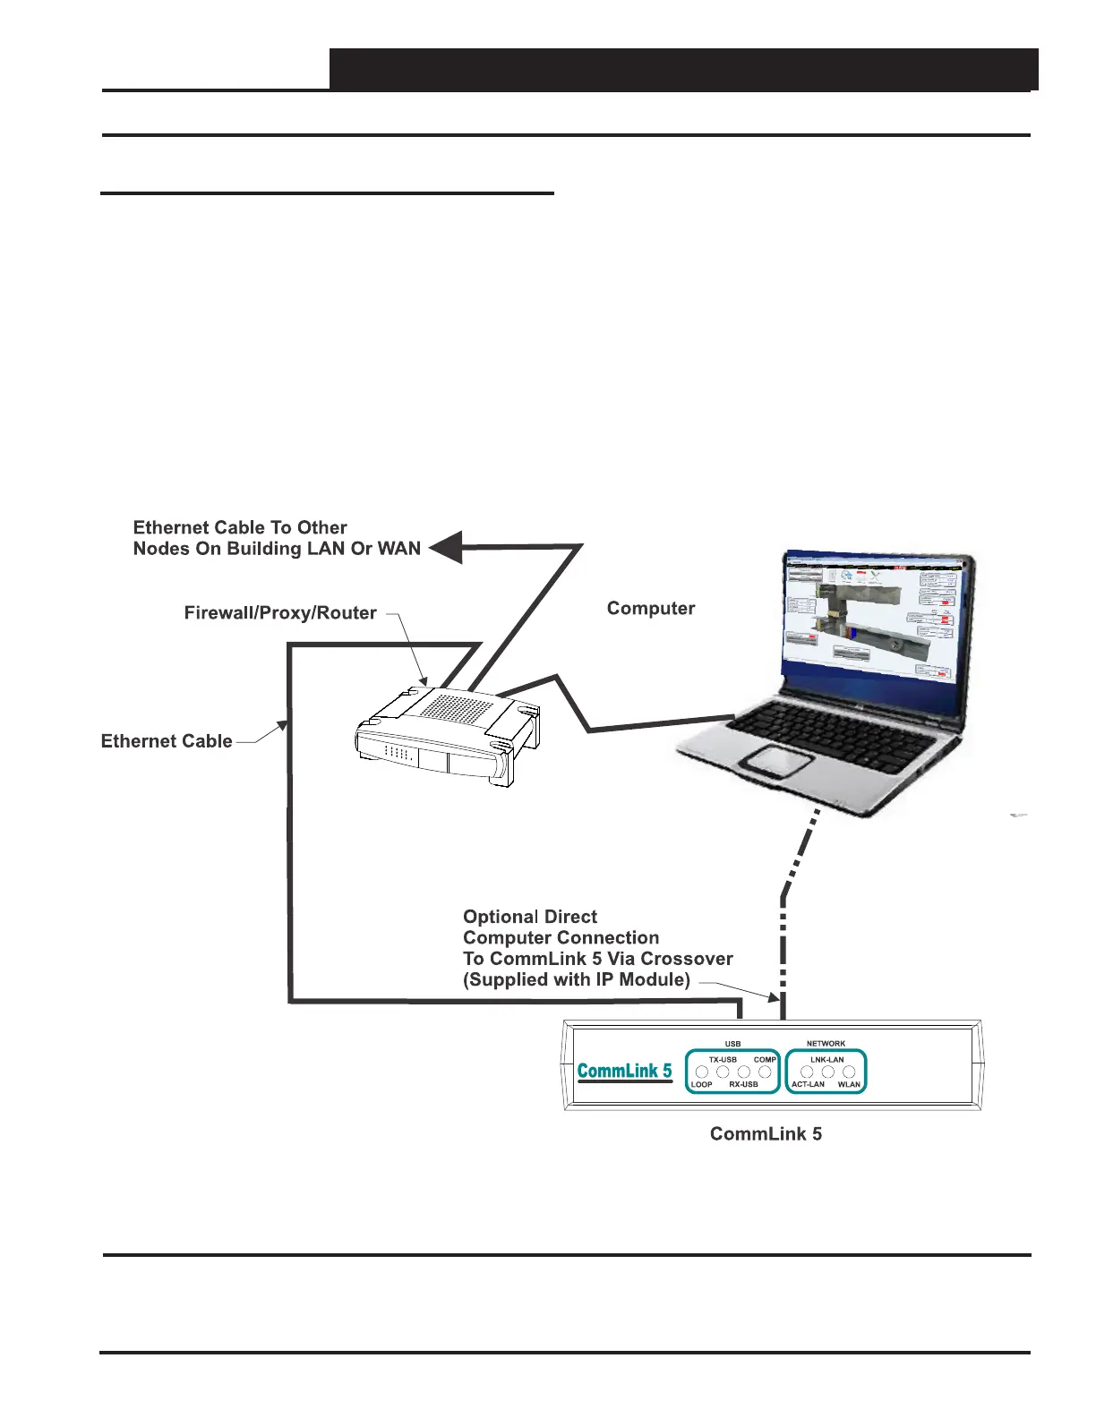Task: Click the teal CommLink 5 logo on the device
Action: [x=624, y=1071]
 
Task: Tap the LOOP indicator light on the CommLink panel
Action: [x=702, y=1072]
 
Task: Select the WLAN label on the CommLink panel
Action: [x=849, y=1084]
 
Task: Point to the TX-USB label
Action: [x=723, y=1059]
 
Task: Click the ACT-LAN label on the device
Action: [x=808, y=1084]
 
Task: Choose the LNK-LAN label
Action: [x=827, y=1059]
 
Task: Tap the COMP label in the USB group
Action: [x=765, y=1059]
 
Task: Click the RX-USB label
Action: [x=743, y=1084]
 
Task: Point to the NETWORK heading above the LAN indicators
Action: [x=826, y=1043]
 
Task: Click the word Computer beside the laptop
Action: [x=651, y=609]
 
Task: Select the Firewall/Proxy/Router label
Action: [x=280, y=613]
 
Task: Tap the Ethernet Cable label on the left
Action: [x=167, y=741]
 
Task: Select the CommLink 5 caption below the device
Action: [x=766, y=1134]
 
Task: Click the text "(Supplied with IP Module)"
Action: [x=577, y=980]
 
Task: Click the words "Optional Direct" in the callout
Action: [x=530, y=917]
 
